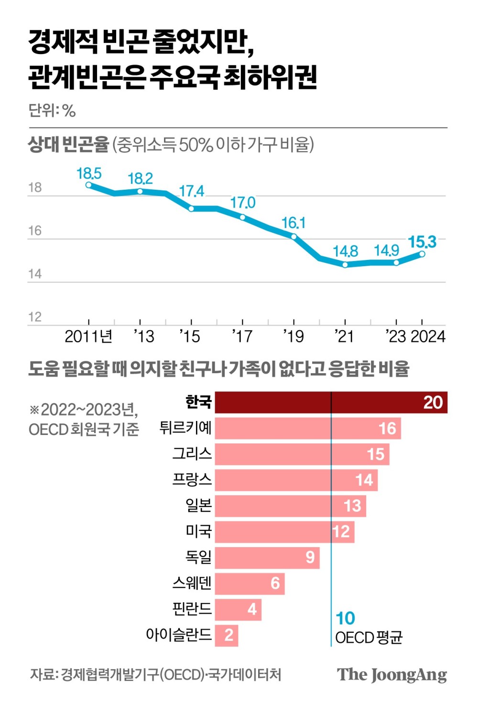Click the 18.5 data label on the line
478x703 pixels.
point(89,173)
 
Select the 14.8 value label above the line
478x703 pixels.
point(345,251)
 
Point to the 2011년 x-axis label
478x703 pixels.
point(88,336)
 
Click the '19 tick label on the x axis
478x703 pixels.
point(293,336)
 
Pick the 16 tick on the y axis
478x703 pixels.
point(35,231)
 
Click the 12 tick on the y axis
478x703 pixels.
point(35,317)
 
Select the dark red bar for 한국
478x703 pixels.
point(331,402)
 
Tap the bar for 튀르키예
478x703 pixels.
point(307,428)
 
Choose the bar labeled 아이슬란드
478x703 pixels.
point(226,635)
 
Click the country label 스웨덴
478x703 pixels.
point(192,583)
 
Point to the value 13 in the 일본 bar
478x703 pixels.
point(352,506)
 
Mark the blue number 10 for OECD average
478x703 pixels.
point(345,618)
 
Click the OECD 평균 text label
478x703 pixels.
point(369,638)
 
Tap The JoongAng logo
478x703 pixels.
point(391,674)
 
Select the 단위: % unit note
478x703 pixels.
point(52,110)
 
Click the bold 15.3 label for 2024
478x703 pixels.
point(422,242)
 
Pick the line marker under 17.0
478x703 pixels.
point(242,217)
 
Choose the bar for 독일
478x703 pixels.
point(267,557)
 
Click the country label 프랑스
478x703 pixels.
point(192,479)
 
